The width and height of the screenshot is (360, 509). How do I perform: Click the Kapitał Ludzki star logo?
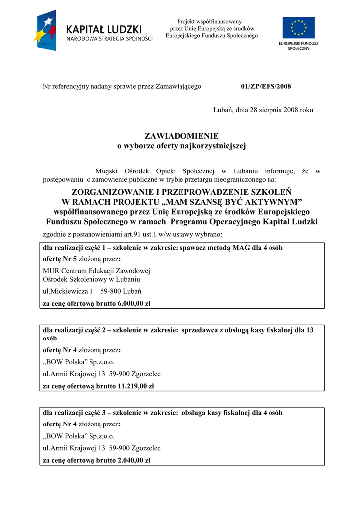pyautogui.click(x=46, y=31)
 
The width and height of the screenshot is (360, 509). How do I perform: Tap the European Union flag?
pyautogui.click(x=298, y=28)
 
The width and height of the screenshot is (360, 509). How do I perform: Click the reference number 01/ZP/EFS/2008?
pyautogui.click(x=266, y=86)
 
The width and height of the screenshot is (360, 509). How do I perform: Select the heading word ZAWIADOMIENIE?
pyautogui.click(x=181, y=136)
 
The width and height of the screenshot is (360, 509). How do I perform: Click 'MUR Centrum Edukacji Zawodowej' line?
pyautogui.click(x=96, y=271)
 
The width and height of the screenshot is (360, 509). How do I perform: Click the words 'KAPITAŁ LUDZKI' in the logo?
pyautogui.click(x=104, y=29)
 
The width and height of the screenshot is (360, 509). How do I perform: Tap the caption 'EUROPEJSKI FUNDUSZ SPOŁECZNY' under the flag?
pyautogui.click(x=298, y=46)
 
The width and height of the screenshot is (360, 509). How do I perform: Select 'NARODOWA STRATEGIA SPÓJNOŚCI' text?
pyautogui.click(x=109, y=39)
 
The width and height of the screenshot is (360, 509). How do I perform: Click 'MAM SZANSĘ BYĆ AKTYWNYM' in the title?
pyautogui.click(x=234, y=202)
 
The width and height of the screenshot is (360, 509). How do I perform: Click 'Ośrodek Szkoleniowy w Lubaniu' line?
pyautogui.click(x=91, y=279)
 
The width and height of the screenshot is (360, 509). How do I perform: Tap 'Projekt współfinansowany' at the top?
pyautogui.click(x=209, y=21)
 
